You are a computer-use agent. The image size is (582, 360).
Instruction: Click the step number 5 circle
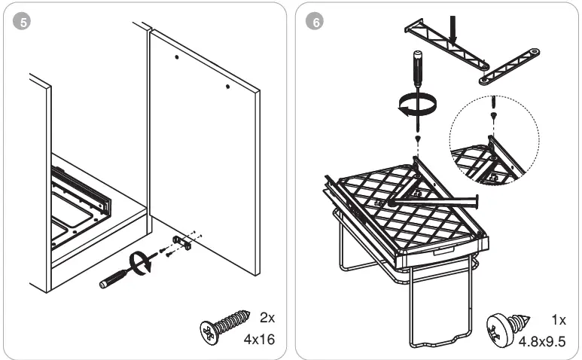click(23, 22)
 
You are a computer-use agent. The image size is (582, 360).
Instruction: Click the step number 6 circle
click(315, 22)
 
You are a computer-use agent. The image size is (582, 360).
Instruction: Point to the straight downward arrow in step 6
click(453, 28)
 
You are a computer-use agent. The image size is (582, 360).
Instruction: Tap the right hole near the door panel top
click(227, 87)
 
